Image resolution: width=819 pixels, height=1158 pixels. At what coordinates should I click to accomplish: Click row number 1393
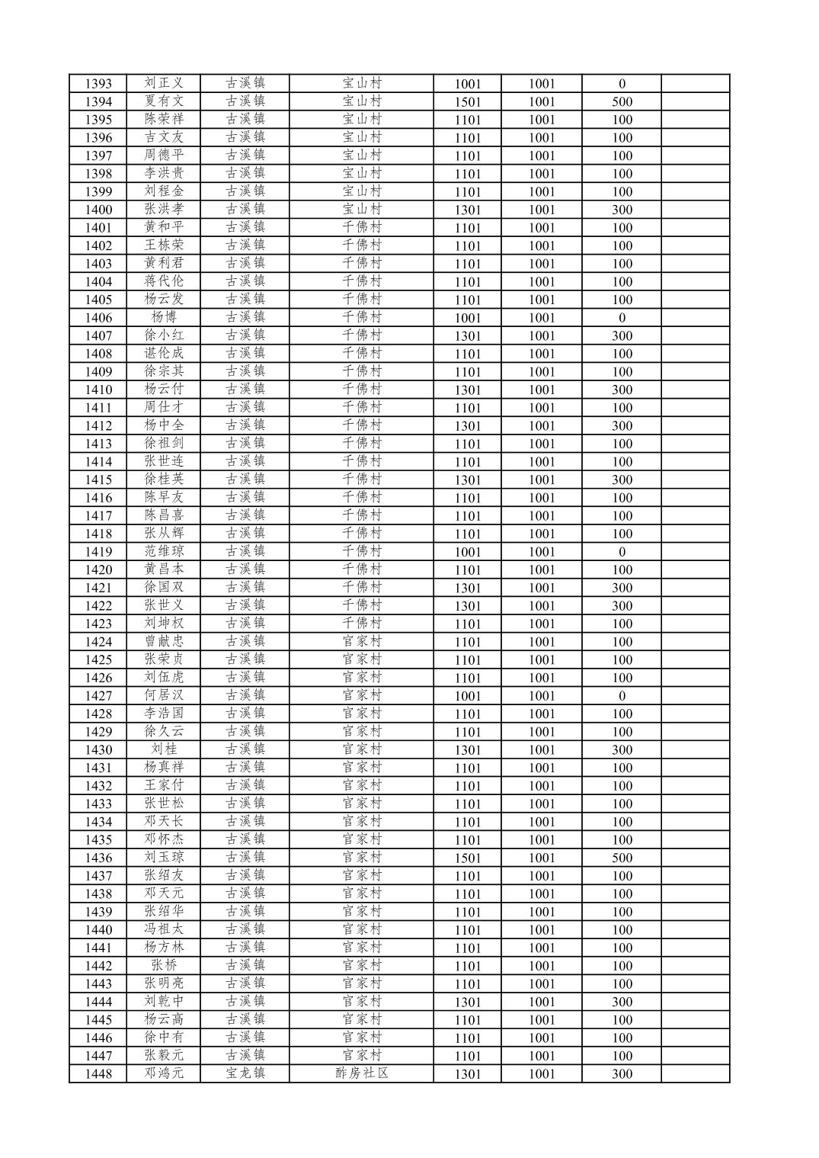click(98, 84)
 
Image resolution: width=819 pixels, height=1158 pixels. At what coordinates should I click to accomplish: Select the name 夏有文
click(164, 101)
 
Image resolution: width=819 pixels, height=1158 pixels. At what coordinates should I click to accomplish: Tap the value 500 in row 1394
click(622, 102)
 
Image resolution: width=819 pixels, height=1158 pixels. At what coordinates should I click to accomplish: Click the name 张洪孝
click(164, 210)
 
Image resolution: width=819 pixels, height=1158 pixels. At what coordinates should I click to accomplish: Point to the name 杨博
click(164, 318)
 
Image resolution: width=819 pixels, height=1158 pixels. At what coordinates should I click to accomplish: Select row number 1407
click(98, 336)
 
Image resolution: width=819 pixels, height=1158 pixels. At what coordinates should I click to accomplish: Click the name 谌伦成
click(164, 354)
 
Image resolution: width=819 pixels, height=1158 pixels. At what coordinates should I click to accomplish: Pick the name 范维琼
click(164, 552)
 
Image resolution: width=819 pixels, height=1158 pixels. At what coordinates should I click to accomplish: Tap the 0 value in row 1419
click(622, 552)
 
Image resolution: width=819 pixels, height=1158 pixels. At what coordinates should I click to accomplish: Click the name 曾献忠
click(164, 642)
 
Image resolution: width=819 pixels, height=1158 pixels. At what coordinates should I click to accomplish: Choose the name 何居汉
click(164, 696)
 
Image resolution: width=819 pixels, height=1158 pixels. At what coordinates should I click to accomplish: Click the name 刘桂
click(164, 750)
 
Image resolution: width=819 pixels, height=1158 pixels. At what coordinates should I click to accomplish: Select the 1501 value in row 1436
click(468, 858)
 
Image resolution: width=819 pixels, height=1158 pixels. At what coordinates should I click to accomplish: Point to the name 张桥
click(164, 966)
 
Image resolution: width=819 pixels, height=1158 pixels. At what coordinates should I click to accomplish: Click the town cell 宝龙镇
click(245, 1074)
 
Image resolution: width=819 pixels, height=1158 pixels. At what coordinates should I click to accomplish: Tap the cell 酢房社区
click(362, 1074)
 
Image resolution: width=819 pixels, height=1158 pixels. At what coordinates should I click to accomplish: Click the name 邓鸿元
click(164, 1074)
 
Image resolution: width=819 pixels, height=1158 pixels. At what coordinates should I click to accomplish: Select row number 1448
click(98, 1074)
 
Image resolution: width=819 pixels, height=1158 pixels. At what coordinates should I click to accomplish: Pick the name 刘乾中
click(164, 1002)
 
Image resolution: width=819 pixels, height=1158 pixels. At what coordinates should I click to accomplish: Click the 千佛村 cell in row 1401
click(362, 228)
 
